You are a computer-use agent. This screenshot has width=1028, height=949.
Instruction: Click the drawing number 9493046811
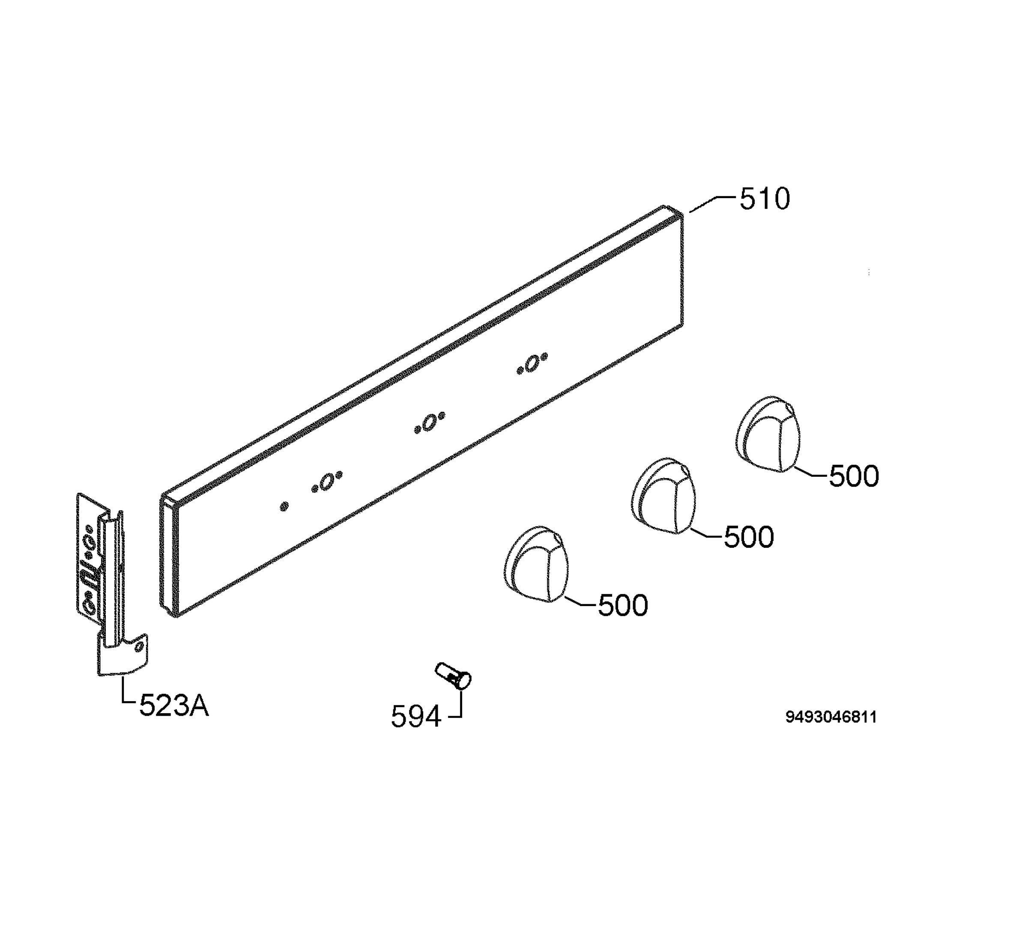click(x=831, y=717)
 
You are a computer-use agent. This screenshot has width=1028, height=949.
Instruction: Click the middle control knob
click(x=663, y=496)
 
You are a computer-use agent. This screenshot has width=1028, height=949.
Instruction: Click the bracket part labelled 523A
click(x=111, y=586)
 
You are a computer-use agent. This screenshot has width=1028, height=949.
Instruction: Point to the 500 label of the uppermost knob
click(x=854, y=476)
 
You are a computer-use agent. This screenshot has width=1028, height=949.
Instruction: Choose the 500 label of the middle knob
click(x=749, y=538)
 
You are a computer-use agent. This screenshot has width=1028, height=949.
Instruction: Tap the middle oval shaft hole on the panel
click(x=430, y=422)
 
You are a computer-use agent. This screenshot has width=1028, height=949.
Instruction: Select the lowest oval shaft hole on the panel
click(x=327, y=482)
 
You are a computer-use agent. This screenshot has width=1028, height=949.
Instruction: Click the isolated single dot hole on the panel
click(x=284, y=507)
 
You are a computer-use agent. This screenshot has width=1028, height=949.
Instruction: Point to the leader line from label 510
click(x=714, y=204)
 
